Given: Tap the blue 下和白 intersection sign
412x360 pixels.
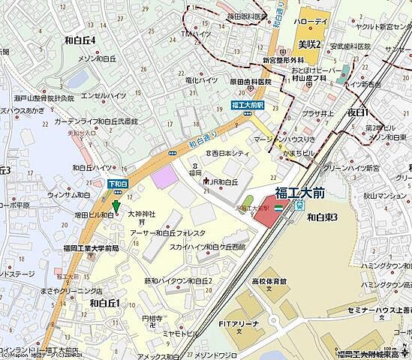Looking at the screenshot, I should [x=118, y=183].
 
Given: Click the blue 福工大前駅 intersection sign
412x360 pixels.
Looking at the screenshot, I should [x=247, y=106].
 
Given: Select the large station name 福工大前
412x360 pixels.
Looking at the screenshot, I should [x=299, y=192].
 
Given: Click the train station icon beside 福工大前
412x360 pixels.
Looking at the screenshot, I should [x=299, y=205].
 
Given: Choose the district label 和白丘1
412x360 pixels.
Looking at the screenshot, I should [x=105, y=303].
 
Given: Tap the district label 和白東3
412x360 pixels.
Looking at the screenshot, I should [x=323, y=217].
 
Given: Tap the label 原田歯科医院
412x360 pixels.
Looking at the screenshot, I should [x=229, y=80].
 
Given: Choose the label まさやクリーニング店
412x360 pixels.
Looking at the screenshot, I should [x=71, y=290].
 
